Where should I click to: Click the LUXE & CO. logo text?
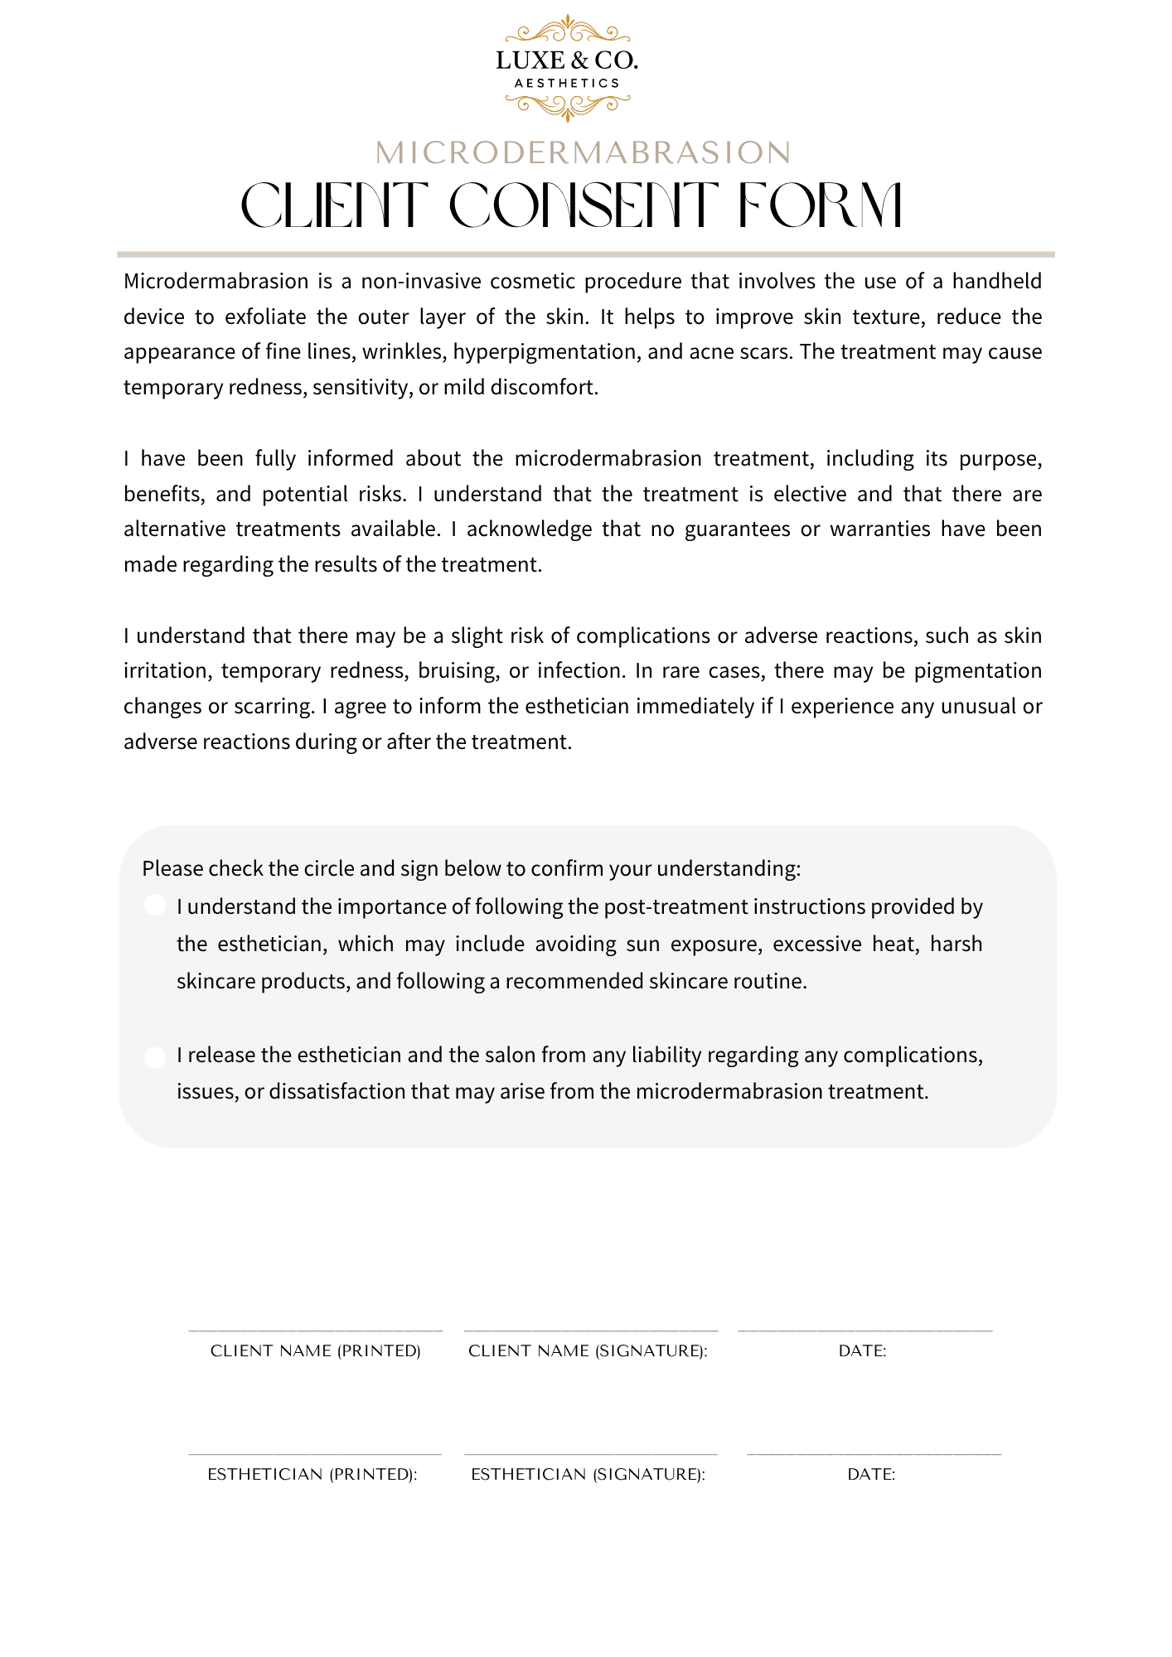pos(567,60)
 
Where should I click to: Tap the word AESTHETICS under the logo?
pos(567,83)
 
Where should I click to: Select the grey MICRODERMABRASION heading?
pos(584,153)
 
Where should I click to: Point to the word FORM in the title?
pos(819,205)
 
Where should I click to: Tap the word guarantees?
pos(737,529)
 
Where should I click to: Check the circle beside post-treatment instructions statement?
pos(155,905)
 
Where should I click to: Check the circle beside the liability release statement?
pos(155,1057)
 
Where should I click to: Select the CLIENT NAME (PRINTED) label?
pos(316,1351)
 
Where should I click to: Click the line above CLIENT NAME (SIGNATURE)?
pos(590,1331)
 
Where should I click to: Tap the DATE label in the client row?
pos(862,1351)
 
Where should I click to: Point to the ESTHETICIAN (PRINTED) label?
pos(312,1475)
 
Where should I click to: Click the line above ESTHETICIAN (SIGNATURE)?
pos(590,1454)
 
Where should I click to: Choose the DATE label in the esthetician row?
pos(871,1475)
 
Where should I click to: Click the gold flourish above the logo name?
pos(567,31)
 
